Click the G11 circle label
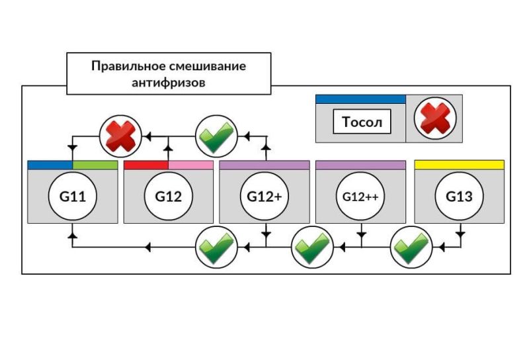tap(72, 196)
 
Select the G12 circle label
tap(169, 196)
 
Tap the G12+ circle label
tap(264, 196)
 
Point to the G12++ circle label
tap(361, 196)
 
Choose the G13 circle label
tap(460, 196)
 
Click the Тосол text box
tap(362, 122)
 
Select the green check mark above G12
tap(217, 136)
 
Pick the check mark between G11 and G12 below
tap(217, 246)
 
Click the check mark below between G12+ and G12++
tap(313, 246)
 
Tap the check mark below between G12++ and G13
tap(410, 246)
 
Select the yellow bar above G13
tap(460, 165)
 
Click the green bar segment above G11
tap(95, 165)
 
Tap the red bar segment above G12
tap(146, 165)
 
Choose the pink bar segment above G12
tap(191, 165)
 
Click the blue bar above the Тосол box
tap(360, 99)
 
